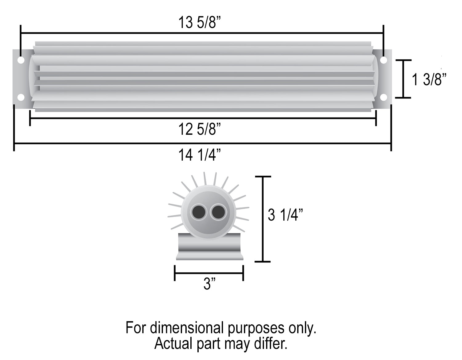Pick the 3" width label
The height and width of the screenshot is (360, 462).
(209, 284)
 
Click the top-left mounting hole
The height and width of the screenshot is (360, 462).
(21, 60)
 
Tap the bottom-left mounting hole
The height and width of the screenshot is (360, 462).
(21, 97)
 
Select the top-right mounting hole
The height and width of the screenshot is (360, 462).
(383, 60)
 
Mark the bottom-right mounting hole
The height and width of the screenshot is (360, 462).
(383, 97)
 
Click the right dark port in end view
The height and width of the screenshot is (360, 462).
(218, 212)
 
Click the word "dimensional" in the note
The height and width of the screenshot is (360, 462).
(188, 328)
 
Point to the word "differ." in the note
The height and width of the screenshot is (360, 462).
(271, 343)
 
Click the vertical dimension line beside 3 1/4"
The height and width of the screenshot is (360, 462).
(262, 219)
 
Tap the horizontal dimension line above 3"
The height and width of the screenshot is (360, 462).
(209, 273)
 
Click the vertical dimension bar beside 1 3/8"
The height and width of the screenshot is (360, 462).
(403, 79)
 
